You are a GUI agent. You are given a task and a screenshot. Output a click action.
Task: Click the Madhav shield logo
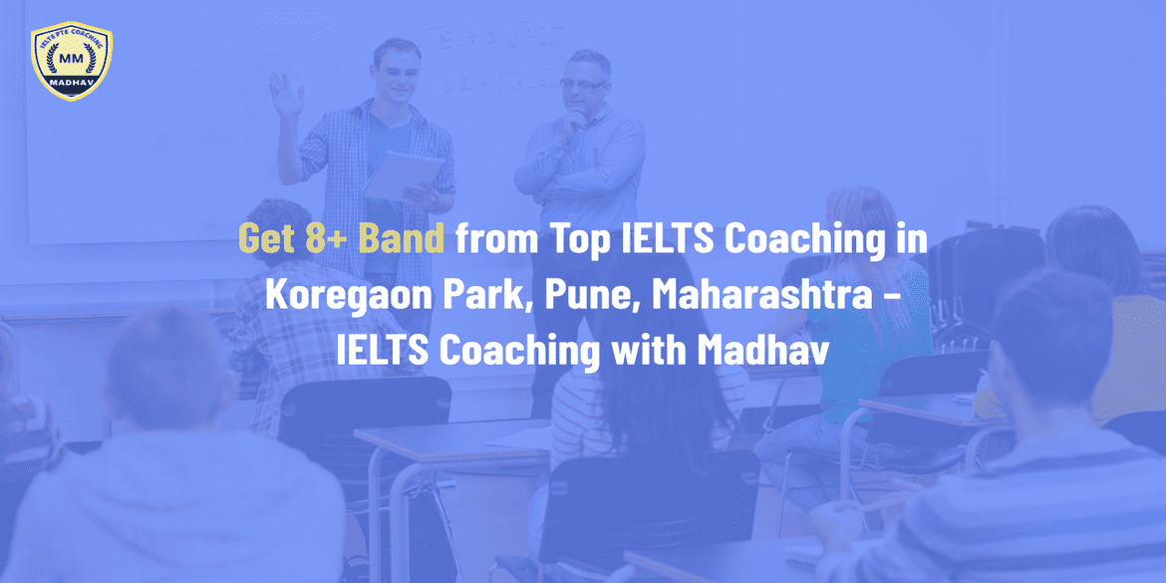point(72,62)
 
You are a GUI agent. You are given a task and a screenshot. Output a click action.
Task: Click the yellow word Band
point(408,240)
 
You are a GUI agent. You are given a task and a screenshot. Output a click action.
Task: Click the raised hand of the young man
point(287,96)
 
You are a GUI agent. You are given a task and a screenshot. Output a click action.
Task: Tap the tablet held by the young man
point(403,176)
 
